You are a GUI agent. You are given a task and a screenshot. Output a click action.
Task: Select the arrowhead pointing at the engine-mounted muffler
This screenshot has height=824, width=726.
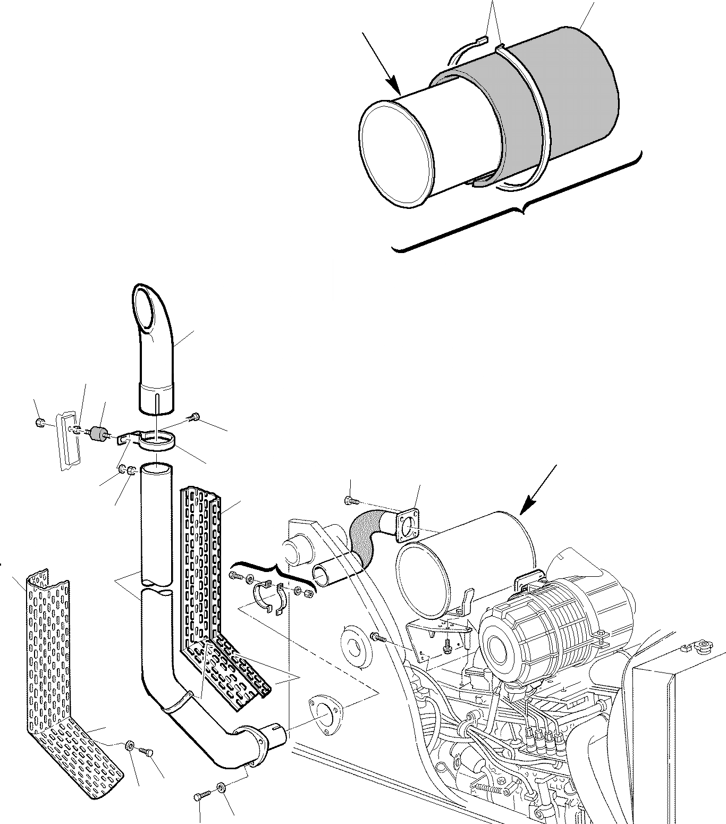[x=526, y=508]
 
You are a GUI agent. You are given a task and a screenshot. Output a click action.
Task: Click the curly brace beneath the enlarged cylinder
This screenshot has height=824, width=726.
[x=521, y=213]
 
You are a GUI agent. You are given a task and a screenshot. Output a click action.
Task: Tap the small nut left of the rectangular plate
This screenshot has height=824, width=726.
[x=39, y=423]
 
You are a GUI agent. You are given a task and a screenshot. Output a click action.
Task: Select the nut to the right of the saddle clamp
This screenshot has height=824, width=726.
[x=307, y=593]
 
